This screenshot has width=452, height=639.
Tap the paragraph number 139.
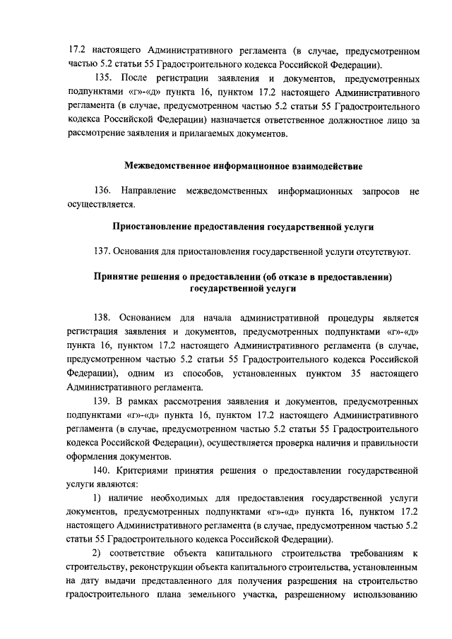coord(103,400)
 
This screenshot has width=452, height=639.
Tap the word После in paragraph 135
coord(134,77)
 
